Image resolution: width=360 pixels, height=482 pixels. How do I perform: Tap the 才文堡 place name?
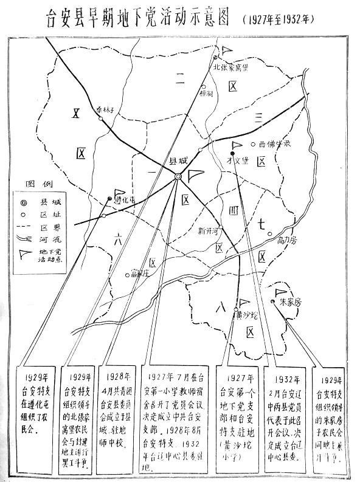tap(236, 160)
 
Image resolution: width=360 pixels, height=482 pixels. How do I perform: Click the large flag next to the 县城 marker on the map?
tap(194, 176)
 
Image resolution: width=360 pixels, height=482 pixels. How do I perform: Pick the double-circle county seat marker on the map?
tap(178, 176)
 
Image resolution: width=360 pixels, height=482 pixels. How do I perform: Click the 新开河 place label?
tap(207, 230)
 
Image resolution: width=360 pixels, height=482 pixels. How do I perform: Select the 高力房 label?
tap(286, 239)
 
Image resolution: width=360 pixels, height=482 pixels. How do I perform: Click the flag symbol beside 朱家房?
tap(280, 292)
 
